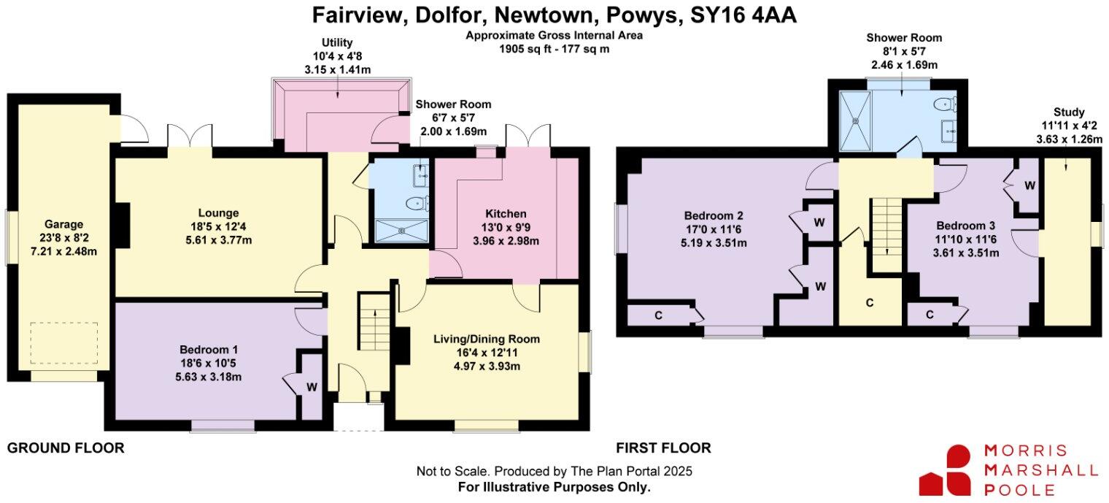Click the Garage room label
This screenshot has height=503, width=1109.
[62, 225]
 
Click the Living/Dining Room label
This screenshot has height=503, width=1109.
[486, 339]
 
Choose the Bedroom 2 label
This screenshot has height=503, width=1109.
[713, 216]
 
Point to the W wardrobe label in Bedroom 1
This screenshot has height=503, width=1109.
[312, 388]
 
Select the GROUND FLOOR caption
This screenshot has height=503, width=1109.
[66, 448]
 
